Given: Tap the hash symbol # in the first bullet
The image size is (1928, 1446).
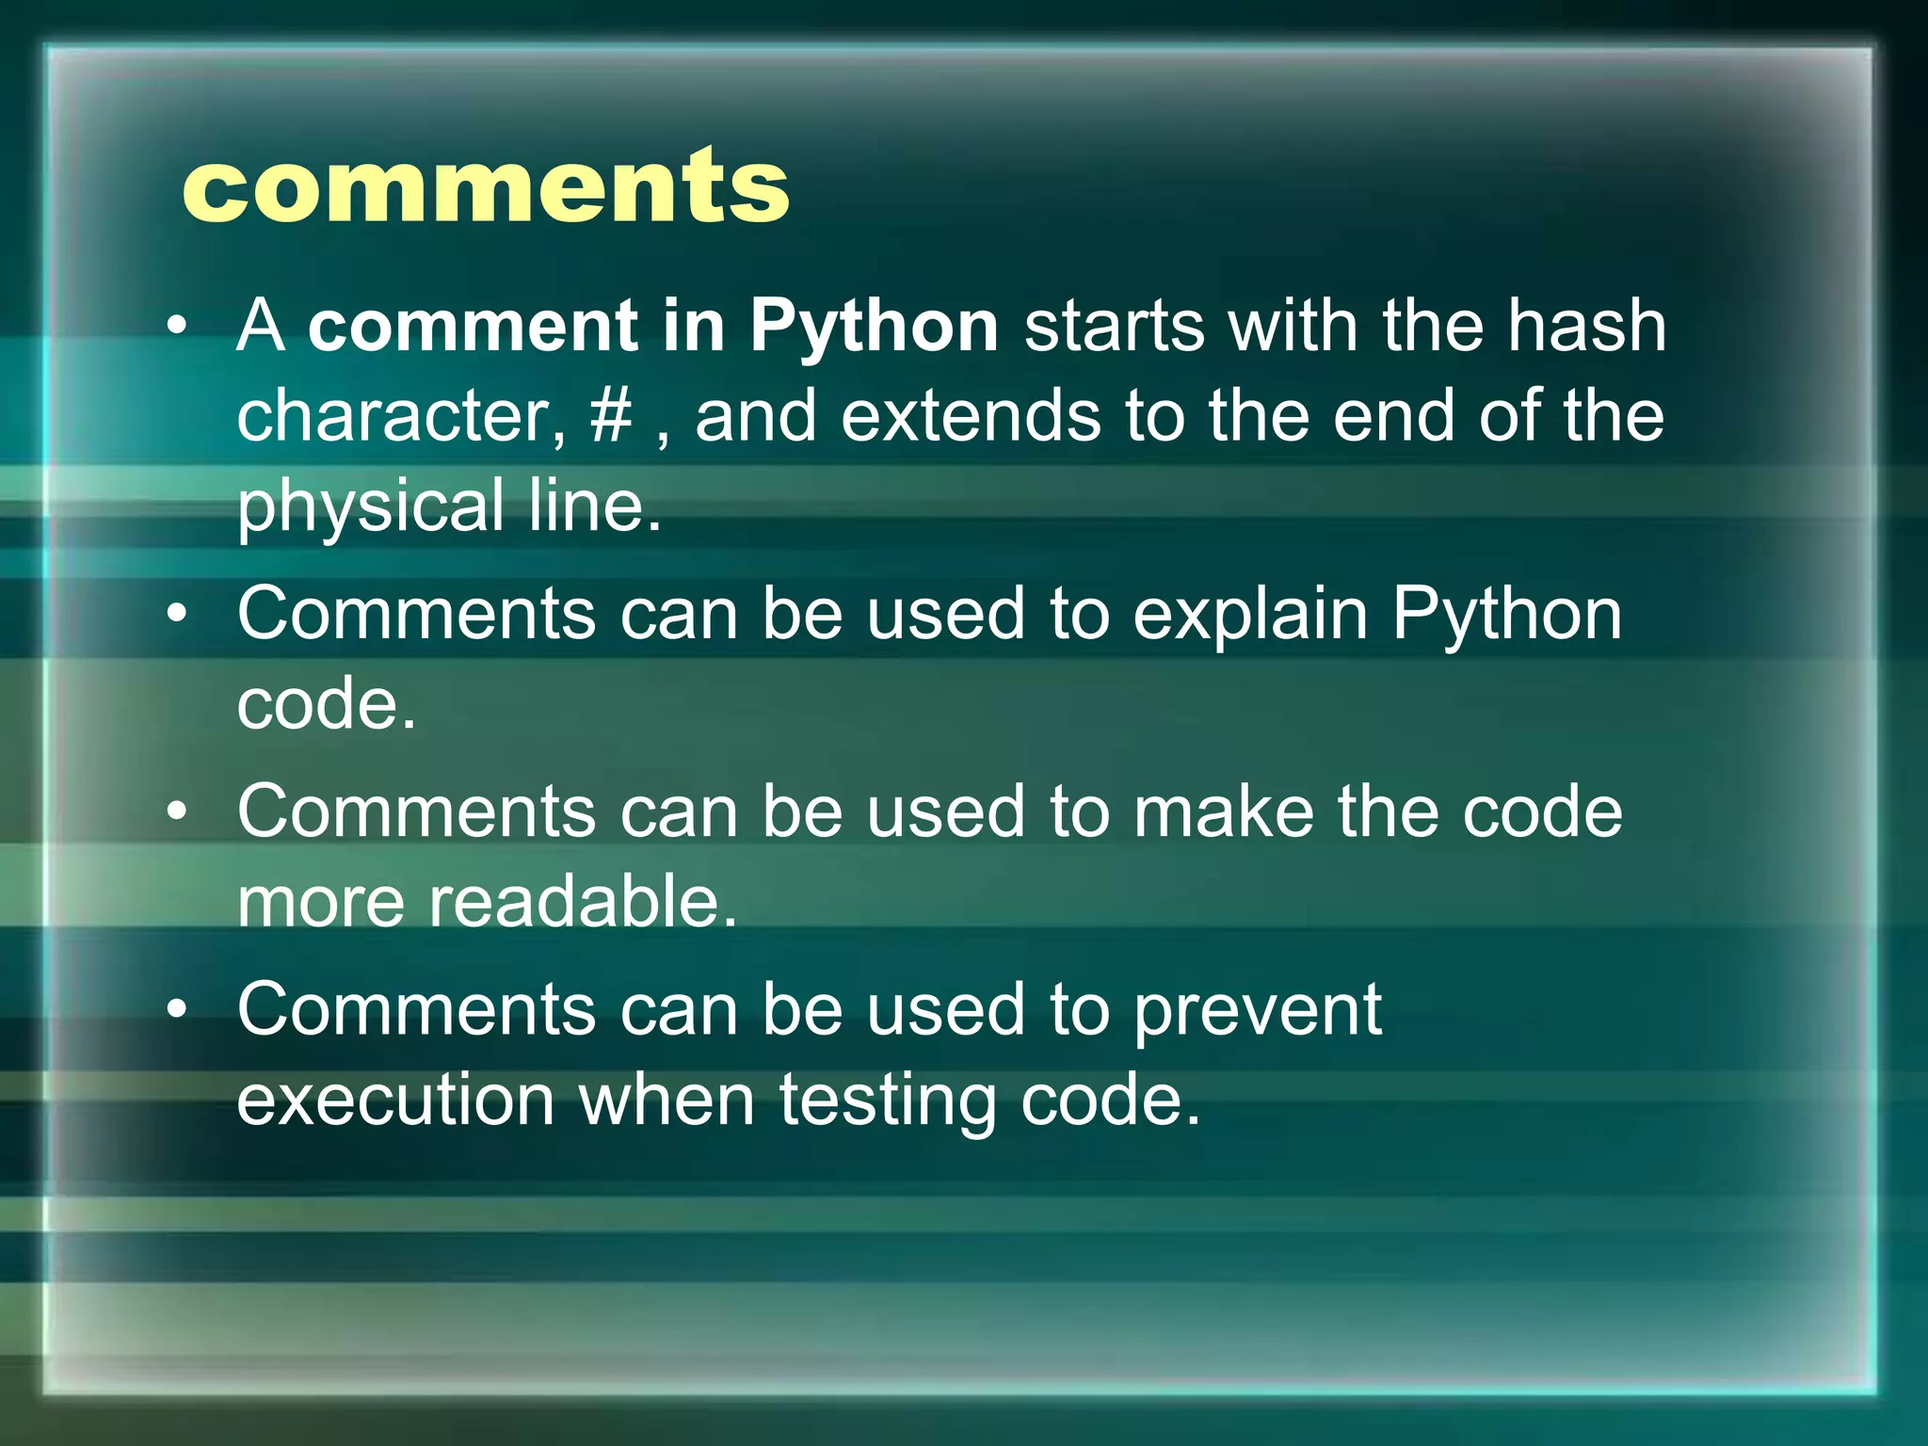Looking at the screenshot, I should click(611, 416).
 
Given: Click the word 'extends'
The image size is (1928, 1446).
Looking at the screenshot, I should click(970, 416).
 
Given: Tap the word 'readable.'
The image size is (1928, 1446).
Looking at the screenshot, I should click(583, 902).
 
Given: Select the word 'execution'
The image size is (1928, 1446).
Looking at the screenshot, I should click(395, 1100).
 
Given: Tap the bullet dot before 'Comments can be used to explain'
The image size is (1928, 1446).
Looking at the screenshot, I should click(177, 615).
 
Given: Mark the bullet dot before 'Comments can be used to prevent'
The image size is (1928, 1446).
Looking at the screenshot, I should click(177, 1010).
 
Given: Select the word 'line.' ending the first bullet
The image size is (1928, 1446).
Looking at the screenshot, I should click(595, 506).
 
